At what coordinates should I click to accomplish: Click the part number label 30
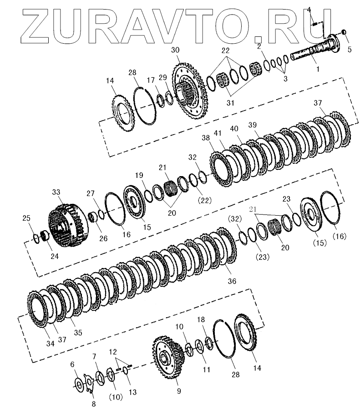175,50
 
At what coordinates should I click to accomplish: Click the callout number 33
56,192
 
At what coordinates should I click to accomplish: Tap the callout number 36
232,281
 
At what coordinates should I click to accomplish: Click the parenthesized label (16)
340,236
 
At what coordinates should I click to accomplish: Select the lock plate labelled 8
89,383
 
